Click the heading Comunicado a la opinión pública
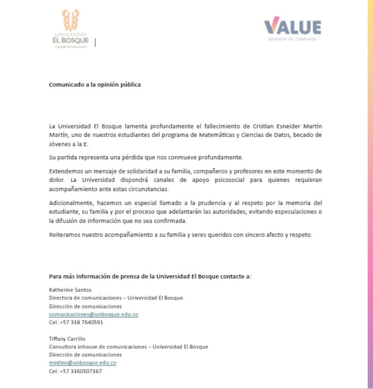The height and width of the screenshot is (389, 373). coord(95,85)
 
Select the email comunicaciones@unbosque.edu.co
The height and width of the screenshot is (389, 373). coord(93,315)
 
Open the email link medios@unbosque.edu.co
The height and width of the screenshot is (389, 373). coord(82,363)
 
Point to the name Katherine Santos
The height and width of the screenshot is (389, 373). coord(70,290)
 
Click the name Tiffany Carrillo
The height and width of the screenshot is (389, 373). coord(67,338)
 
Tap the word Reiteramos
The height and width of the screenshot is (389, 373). coord(64,235)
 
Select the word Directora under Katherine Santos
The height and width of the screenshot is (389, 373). coord(62,298)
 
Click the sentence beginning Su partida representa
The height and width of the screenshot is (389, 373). coord(146,157)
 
